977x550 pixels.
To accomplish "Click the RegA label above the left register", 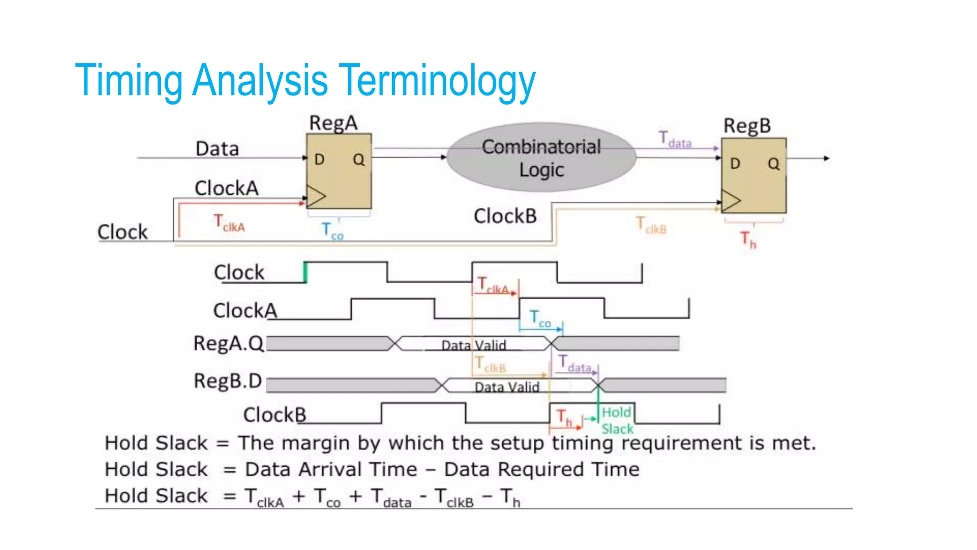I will (x=333, y=123).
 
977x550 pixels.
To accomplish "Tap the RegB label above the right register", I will (x=747, y=126).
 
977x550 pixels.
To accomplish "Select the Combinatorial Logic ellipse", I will (x=541, y=158).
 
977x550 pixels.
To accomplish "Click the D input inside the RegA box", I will (x=319, y=159).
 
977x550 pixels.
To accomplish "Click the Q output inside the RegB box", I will (x=773, y=164).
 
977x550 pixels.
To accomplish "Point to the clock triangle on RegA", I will (x=315, y=197).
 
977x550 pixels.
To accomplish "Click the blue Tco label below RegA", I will (x=332, y=231).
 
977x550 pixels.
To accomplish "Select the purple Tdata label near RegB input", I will (x=675, y=140).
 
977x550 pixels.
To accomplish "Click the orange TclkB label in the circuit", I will (x=651, y=225).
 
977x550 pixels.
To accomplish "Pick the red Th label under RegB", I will (x=748, y=240).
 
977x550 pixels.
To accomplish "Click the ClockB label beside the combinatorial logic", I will (x=505, y=216).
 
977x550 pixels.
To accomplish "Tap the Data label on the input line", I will (x=217, y=149).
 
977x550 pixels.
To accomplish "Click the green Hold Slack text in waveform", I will (x=617, y=420).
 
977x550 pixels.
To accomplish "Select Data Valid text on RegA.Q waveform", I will (x=473, y=345).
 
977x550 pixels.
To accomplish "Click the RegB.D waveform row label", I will (x=228, y=381).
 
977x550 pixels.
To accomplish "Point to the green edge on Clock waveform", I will (x=305, y=273).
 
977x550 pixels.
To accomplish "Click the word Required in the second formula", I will (x=540, y=469).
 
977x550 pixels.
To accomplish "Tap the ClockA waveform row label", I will (x=245, y=311).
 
